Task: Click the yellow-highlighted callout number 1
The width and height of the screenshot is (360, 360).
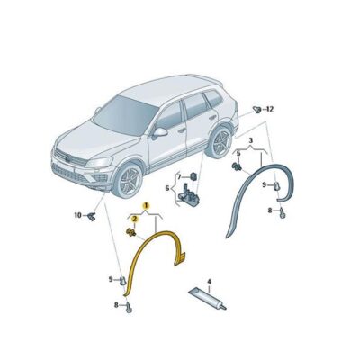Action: pyautogui.click(x=135, y=206)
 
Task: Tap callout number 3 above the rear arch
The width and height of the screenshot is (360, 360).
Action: pyautogui.click(x=250, y=139)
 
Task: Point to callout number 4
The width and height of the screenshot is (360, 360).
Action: pyautogui.click(x=209, y=281)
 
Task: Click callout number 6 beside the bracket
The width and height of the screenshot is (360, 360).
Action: pyautogui.click(x=166, y=188)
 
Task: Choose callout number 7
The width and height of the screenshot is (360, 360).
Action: pyautogui.click(x=179, y=175)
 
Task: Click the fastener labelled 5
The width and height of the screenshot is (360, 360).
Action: pyautogui.click(x=238, y=165)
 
